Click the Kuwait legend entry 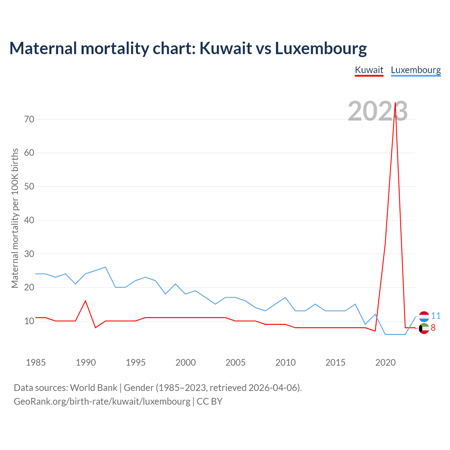pos(369,70)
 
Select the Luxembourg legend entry pos(416,70)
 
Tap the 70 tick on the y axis pos(30,119)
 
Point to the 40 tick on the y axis pos(30,220)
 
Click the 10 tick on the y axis pos(30,321)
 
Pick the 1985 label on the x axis pos(36,362)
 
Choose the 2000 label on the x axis pos(186,362)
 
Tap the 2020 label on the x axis pos(385,362)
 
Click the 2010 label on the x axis pos(285,362)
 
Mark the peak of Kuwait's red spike pos(395,103)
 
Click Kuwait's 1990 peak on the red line pos(85,301)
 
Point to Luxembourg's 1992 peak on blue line pos(105,267)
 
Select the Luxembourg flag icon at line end pos(424,316)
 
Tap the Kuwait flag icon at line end pos(424,328)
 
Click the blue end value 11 pos(436,316)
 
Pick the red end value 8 pos(433,328)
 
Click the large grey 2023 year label pos(378,111)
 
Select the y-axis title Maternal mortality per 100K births pos(15,218)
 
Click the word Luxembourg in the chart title pos(321,48)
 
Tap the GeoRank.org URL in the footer pos(102,401)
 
